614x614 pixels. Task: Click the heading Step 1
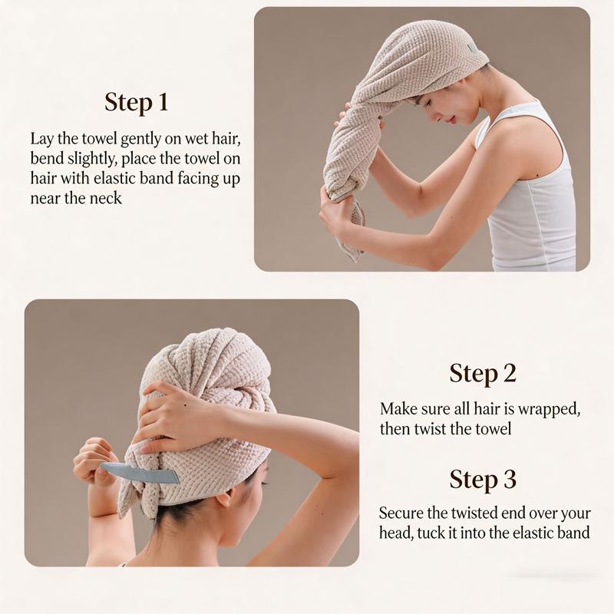click(x=136, y=102)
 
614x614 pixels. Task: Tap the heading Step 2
click(x=483, y=374)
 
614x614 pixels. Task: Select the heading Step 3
click(x=483, y=480)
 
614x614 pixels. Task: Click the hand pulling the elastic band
click(x=92, y=460)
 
